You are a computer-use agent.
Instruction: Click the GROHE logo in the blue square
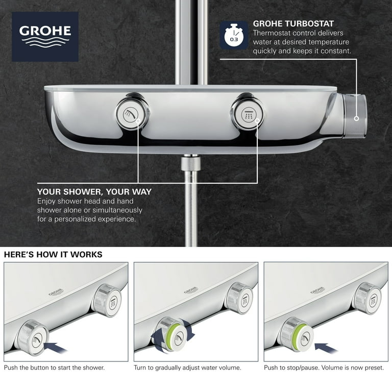[x=45, y=37]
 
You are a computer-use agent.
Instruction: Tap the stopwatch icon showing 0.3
[x=234, y=35]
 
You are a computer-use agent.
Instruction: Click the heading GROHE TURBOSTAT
[x=293, y=24]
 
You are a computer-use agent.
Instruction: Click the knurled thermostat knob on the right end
[x=354, y=116]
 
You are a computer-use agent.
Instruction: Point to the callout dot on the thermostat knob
[x=356, y=118]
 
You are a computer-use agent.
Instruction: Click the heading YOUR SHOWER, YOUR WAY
[x=94, y=192]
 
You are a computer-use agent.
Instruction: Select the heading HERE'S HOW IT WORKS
[x=53, y=255]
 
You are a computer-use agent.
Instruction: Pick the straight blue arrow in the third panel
[x=326, y=348]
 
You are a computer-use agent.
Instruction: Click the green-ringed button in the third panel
[x=298, y=334]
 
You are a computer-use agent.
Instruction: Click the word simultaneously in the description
[x=117, y=210]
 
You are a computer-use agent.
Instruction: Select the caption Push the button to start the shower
[x=54, y=367]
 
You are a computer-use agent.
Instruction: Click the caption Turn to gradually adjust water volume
[x=187, y=367]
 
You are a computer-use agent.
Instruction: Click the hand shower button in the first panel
[x=34, y=337]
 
